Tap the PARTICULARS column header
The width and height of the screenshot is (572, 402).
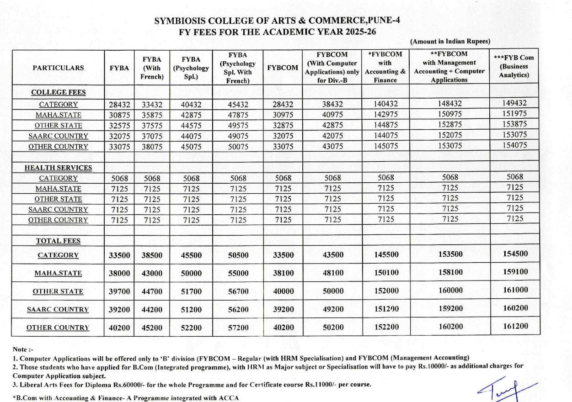pyautogui.click(x=58, y=68)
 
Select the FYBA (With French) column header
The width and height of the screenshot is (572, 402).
pyautogui.click(x=152, y=68)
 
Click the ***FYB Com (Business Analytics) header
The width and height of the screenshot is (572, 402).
pyautogui.click(x=514, y=66)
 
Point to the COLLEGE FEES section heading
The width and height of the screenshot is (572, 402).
pyautogui.click(x=58, y=92)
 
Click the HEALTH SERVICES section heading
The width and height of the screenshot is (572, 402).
pyautogui.click(x=58, y=168)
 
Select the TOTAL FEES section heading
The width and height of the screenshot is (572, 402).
pyautogui.click(x=58, y=241)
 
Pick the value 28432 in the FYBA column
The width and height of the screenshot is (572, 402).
pyautogui.click(x=119, y=105)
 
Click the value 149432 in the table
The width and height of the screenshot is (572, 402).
pyautogui.click(x=514, y=104)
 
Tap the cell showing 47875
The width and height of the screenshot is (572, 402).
pyautogui.click(x=238, y=115)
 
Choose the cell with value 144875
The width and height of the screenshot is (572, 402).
pyautogui.click(x=386, y=125)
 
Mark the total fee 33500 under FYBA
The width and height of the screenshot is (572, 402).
pyautogui.click(x=119, y=256)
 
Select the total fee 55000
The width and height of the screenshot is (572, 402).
pyautogui.click(x=238, y=273)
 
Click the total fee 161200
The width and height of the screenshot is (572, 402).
pyautogui.click(x=515, y=327)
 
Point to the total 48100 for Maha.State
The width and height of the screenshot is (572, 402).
pyautogui.click(x=332, y=273)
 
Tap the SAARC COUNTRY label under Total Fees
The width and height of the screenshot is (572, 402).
pyautogui.click(x=58, y=310)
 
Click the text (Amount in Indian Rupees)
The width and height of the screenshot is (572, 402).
pyautogui.click(x=450, y=42)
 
